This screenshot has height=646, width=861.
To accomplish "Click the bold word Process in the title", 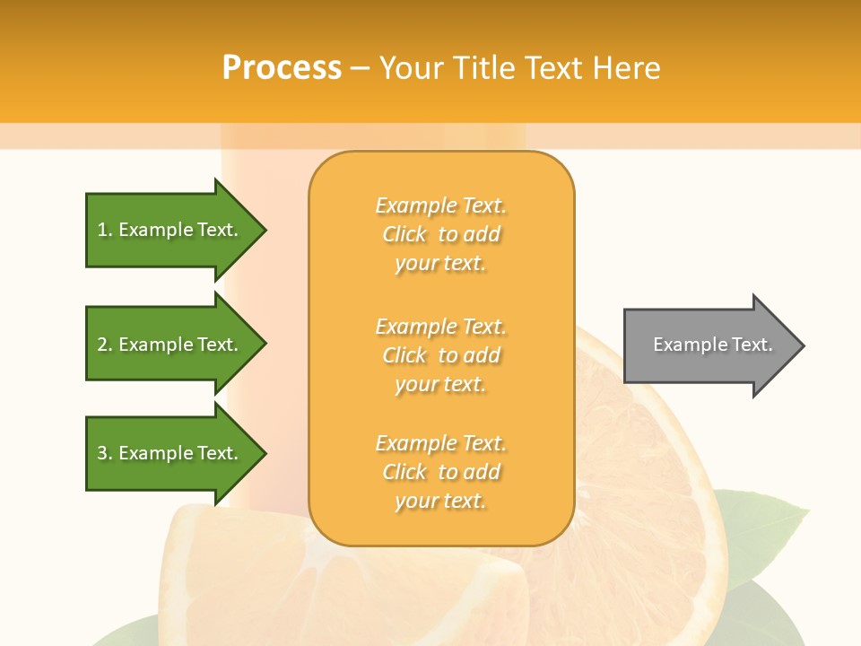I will click(282, 68).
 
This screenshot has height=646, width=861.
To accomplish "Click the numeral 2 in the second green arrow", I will click(102, 345).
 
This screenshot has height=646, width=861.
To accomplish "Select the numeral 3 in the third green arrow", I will click(102, 453).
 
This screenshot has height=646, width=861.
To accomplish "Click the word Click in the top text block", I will click(404, 234).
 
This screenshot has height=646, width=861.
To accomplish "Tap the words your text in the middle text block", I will click(440, 384).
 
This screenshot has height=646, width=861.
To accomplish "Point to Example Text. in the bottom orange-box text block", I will click(440, 443).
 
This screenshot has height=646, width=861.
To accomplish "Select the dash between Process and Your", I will click(360, 68).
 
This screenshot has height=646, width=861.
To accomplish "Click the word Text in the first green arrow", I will click(216, 230).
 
